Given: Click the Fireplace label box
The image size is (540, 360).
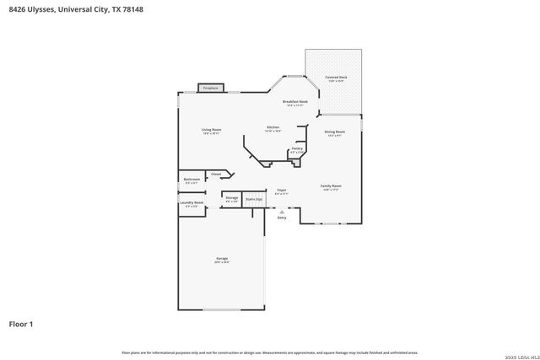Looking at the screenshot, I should (210, 88).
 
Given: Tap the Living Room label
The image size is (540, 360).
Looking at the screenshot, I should (211, 131).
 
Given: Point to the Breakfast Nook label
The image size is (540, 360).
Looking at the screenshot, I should (294, 103).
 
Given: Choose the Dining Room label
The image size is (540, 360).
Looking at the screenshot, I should (335, 132).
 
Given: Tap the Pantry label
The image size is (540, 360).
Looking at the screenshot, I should (297, 149).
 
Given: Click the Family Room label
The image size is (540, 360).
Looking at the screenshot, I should (331, 186).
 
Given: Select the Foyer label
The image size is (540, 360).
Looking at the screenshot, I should (282, 191).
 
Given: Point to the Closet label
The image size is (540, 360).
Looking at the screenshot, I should (216, 174).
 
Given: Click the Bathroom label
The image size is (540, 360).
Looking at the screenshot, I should (192, 180).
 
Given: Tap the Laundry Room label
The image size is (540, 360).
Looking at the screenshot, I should (192, 203).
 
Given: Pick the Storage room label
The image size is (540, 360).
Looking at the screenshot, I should (231, 199).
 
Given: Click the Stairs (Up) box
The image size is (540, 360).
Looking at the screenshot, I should (253, 199).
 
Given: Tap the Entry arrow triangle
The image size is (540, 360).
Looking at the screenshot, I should (282, 212).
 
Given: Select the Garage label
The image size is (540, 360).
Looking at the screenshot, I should (221, 260).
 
